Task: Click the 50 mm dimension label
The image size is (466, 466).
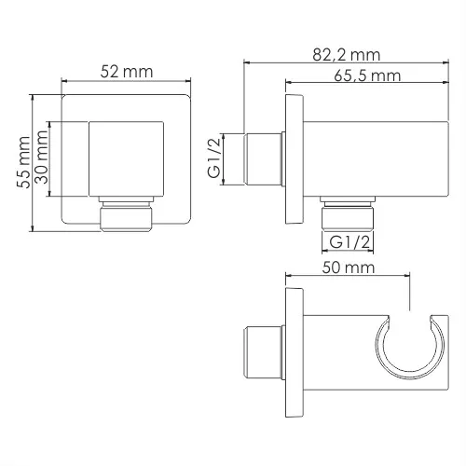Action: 347,267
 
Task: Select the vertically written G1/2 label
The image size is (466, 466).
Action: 213,158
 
